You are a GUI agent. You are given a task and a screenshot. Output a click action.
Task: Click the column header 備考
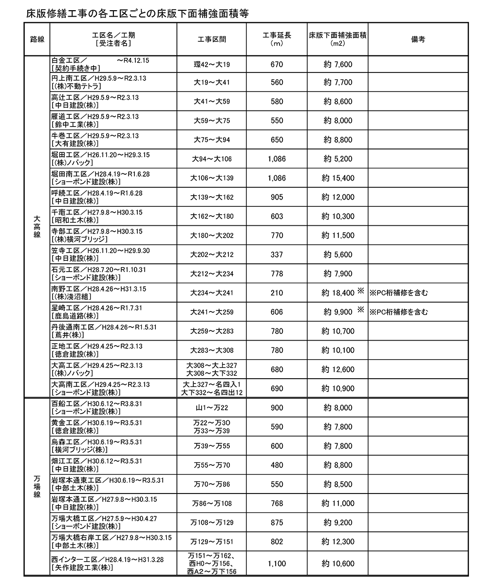[x=418, y=39]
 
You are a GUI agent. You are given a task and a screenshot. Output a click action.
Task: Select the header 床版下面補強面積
[x=337, y=35]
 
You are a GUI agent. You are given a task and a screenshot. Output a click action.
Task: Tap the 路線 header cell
[x=37, y=39]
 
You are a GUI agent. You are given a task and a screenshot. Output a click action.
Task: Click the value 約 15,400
[x=337, y=178]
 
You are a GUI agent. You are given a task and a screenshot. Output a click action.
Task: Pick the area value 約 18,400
[x=337, y=293]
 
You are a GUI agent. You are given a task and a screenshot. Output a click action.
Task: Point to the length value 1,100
[x=277, y=564]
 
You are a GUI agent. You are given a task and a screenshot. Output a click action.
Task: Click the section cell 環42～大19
[x=211, y=64]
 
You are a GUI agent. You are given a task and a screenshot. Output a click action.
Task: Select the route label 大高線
[x=37, y=227]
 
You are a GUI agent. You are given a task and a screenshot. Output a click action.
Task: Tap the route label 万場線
[x=37, y=487]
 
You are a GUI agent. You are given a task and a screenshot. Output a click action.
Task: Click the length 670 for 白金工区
[x=277, y=64]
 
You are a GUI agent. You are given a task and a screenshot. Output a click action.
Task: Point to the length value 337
[x=277, y=255]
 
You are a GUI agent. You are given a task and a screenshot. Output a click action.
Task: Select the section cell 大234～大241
[x=211, y=293]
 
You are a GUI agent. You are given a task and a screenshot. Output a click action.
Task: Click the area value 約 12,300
[x=337, y=541]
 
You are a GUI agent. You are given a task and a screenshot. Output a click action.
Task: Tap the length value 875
[x=277, y=522]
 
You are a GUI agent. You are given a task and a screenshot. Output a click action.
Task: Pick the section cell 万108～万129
[x=211, y=522]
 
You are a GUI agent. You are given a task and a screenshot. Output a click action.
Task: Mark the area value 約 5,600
[x=337, y=255]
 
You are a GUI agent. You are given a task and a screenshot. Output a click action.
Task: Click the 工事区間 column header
[x=212, y=39]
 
